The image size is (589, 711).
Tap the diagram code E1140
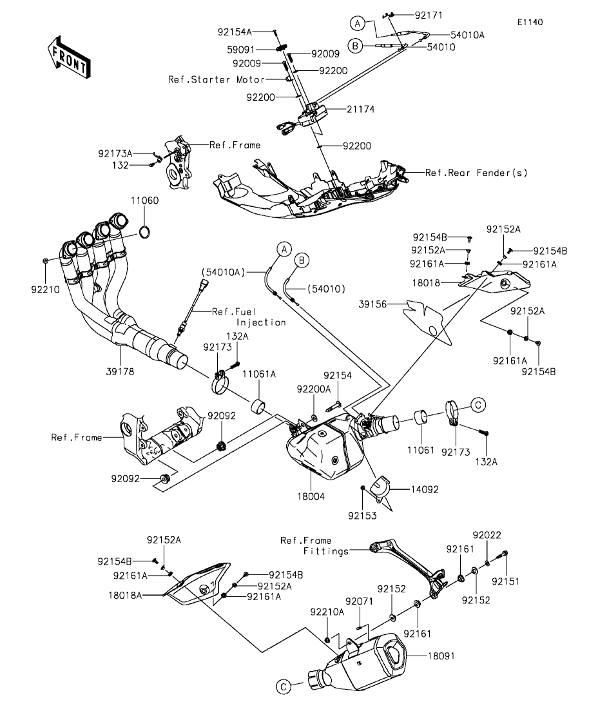[530, 22]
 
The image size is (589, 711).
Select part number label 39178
[120, 371]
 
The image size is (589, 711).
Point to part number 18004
[311, 496]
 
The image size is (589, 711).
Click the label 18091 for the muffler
[441, 656]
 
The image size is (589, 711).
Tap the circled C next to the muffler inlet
[283, 687]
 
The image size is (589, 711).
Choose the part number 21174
[361, 110]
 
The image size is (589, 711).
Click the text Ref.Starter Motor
[217, 80]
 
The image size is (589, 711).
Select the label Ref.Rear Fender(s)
[476, 173]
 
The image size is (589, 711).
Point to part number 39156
[372, 304]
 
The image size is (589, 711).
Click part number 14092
[425, 489]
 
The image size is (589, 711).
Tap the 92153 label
[362, 516]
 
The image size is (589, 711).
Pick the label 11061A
[259, 374]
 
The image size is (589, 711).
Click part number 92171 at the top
[429, 15]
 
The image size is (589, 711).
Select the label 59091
[241, 50]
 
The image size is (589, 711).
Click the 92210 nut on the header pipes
[45, 261]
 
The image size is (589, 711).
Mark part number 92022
[487, 535]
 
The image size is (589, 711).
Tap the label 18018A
[125, 596]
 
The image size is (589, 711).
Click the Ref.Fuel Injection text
[249, 317]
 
